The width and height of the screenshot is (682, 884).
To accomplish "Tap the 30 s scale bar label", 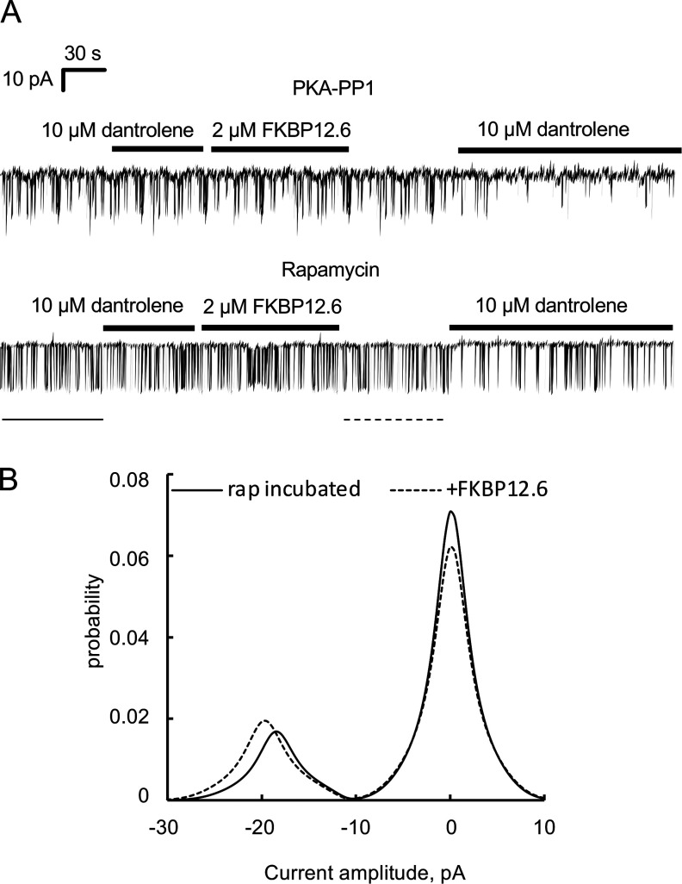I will coord(84,53).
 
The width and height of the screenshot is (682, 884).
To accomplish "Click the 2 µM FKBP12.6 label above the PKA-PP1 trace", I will coord(281,132).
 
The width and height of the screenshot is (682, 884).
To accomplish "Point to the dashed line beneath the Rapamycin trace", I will coord(394,420).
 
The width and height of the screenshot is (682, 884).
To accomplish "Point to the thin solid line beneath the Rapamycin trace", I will coord(53,420).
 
